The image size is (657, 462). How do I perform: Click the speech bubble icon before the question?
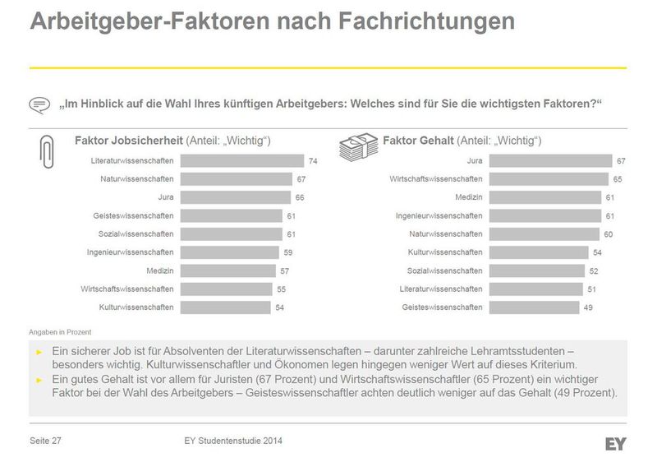coord(39,105)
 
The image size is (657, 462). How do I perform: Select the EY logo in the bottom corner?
coord(616,444)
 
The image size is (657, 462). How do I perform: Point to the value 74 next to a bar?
coord(313,160)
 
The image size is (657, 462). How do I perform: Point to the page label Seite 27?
coord(46,442)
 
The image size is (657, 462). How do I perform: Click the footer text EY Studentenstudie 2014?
coord(234,442)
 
